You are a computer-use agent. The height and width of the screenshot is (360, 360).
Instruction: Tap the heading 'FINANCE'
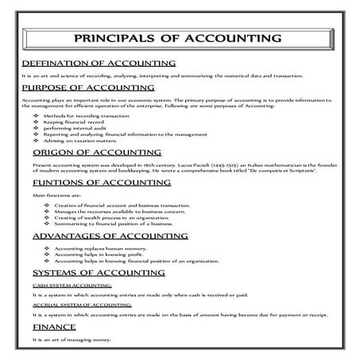pyautogui.click(x=55, y=327)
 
